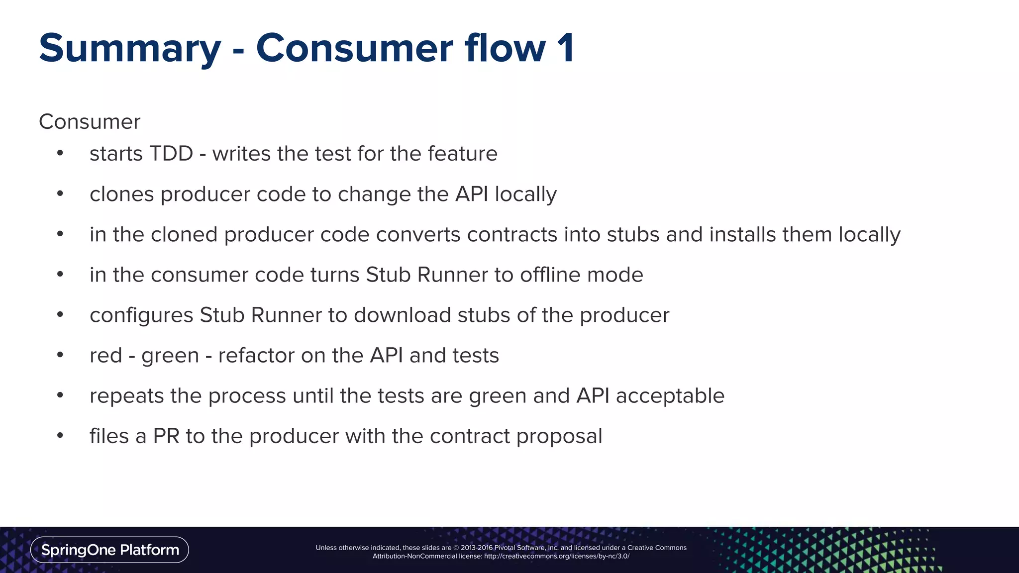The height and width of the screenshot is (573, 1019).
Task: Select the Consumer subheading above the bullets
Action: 90,122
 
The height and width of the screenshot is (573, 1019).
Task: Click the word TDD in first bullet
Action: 171,154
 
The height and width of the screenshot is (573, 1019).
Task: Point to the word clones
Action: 121,194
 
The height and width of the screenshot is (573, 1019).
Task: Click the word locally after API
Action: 525,194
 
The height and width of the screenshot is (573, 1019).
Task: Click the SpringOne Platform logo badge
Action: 109,550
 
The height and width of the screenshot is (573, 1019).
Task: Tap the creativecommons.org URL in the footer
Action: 556,557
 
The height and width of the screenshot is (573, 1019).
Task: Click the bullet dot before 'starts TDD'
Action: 60,153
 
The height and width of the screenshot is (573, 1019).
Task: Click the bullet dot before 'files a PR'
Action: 60,436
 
